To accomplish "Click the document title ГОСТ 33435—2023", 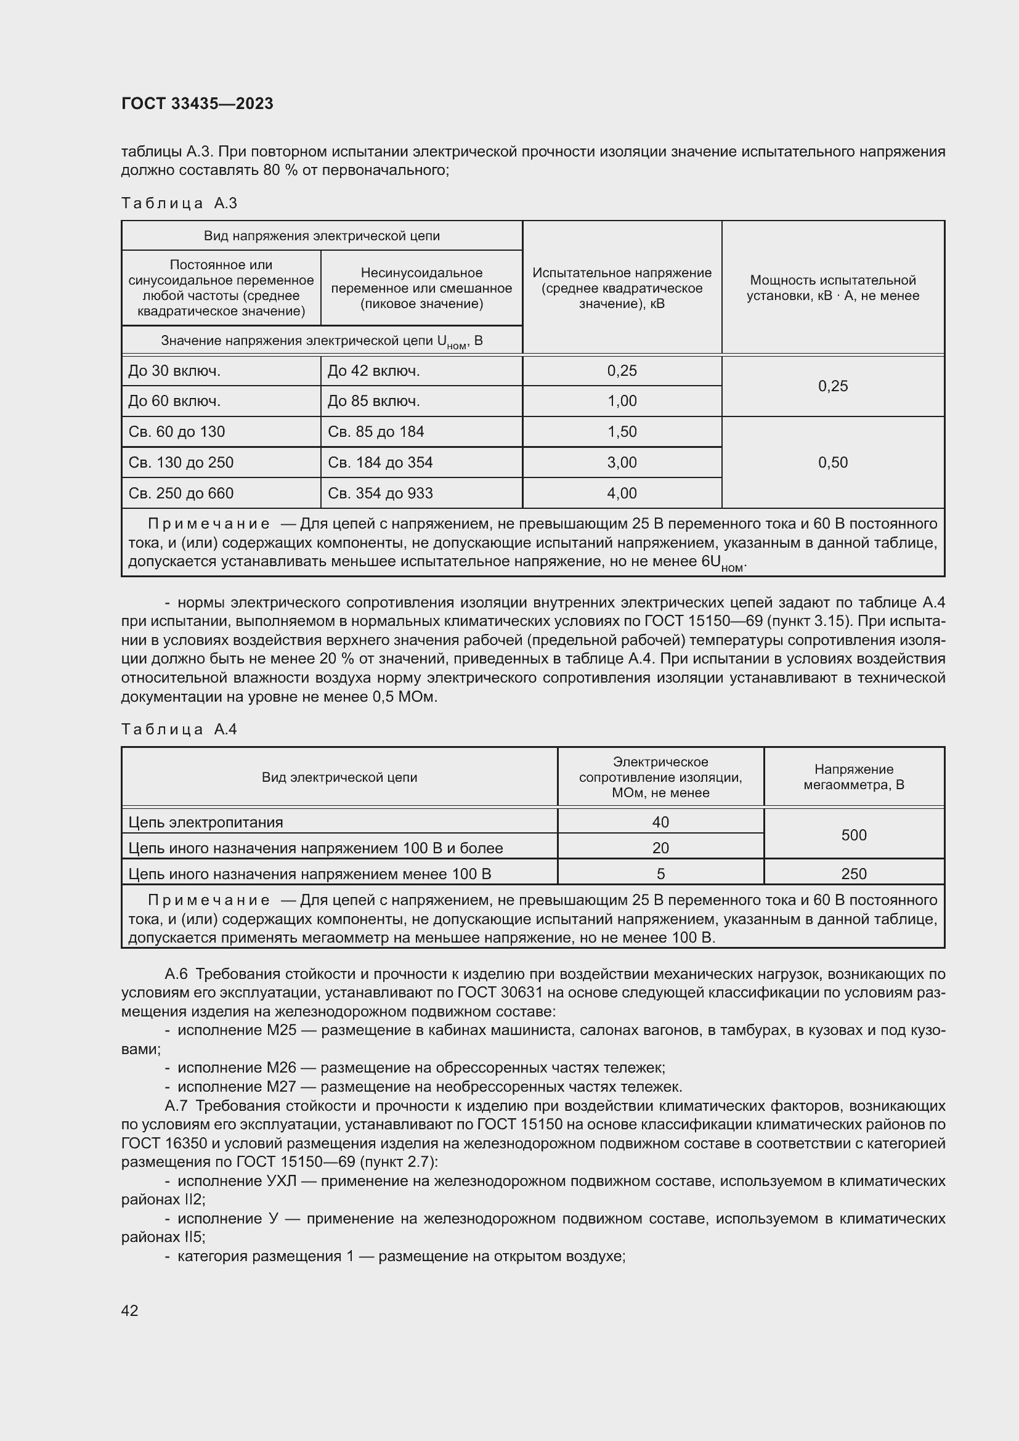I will pyautogui.click(x=197, y=104).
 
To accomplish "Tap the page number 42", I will pyautogui.click(x=129, y=1310).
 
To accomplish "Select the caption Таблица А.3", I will pyautogui.click(x=179, y=203).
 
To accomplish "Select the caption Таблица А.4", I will pyautogui.click(x=179, y=729).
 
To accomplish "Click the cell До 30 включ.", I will pyautogui.click(x=174, y=371).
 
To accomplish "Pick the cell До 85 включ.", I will pyautogui.click(x=373, y=401).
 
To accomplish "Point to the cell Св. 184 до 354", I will pyautogui.click(x=380, y=463).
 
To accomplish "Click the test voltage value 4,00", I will pyautogui.click(x=621, y=493).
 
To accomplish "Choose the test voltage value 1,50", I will pyautogui.click(x=621, y=432).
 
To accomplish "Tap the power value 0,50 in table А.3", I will pyautogui.click(x=833, y=463).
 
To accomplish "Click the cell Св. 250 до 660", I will pyautogui.click(x=181, y=493).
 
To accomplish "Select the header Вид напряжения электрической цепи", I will pyautogui.click(x=321, y=236).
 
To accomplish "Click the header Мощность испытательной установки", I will pyautogui.click(x=833, y=288).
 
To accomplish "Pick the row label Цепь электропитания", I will pyautogui.click(x=205, y=822).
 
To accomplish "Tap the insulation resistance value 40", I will pyautogui.click(x=660, y=822).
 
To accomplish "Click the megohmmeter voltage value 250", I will pyautogui.click(x=853, y=874).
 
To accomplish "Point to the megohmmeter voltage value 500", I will pyautogui.click(x=853, y=835).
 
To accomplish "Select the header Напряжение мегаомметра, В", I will pyautogui.click(x=853, y=777).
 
